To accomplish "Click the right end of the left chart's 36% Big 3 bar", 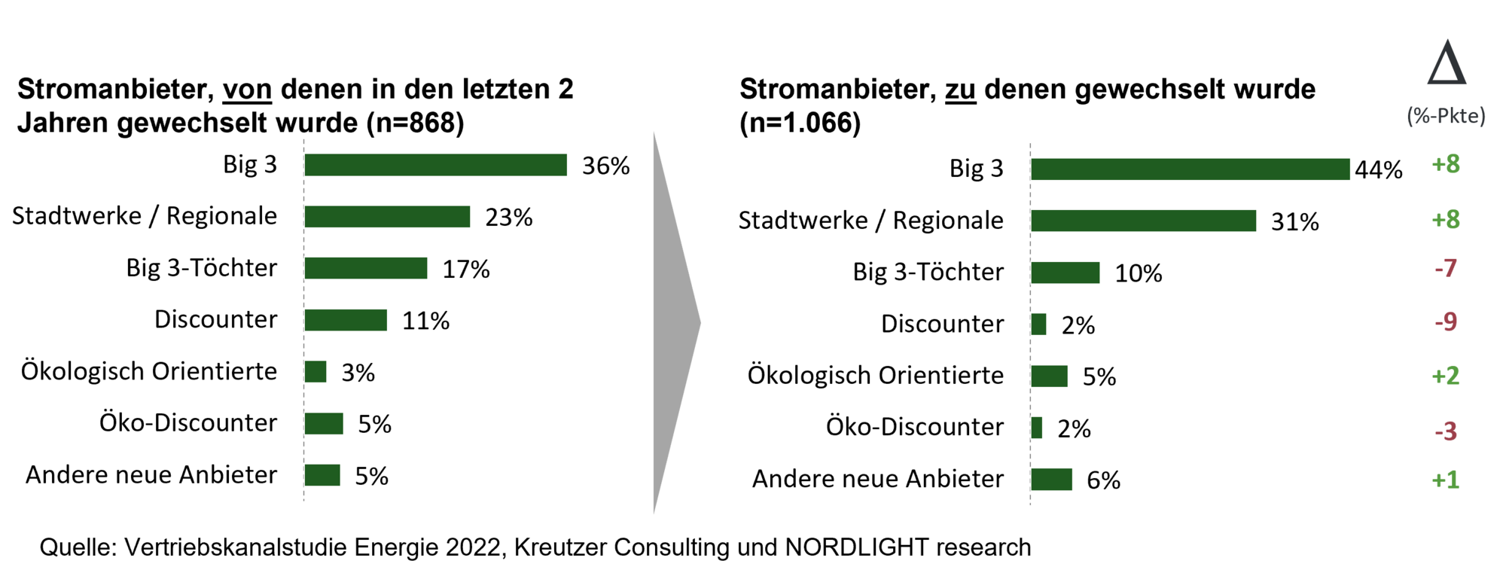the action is tap(567, 165).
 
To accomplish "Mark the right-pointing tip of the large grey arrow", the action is tap(701, 323).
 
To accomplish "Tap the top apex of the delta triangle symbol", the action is tap(1447, 41).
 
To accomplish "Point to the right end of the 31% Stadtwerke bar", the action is tap(1256, 221).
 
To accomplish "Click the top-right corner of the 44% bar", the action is tap(1349, 159).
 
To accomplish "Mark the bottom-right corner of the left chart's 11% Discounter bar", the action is tap(387, 331).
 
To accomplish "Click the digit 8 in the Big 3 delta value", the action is tap(1453, 163).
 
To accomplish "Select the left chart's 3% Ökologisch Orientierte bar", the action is tap(316, 372).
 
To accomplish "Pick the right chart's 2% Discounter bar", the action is tap(1038, 325).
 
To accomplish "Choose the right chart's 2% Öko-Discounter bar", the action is tap(1037, 428).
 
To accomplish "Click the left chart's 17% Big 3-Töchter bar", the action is tap(366, 268).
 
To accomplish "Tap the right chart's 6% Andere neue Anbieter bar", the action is tap(1051, 480).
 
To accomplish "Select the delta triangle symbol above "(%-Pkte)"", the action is tap(1447, 62).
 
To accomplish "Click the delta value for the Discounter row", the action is tap(1446, 322).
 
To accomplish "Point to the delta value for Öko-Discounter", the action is tap(1446, 431).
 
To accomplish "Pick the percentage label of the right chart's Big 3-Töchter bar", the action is tap(1139, 273).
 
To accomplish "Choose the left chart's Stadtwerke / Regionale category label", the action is tap(145, 216).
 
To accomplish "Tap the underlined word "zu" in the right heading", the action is tap(961, 90).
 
